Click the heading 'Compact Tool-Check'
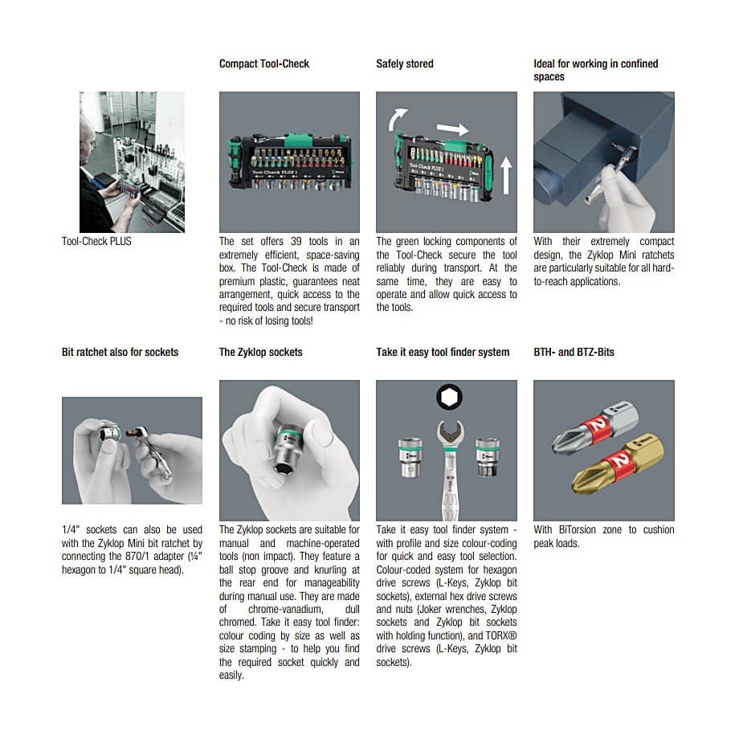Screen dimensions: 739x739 click(264, 63)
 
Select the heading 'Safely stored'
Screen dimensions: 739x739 click(404, 63)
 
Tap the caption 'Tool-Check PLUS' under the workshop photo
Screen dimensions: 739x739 click(96, 241)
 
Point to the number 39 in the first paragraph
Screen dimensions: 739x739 click(296, 241)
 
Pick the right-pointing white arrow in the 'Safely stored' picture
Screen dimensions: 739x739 click(452, 129)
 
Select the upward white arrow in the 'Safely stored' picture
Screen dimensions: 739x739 click(506, 175)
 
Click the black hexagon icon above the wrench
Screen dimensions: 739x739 click(449, 398)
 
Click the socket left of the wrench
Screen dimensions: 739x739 click(410, 457)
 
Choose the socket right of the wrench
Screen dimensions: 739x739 click(488, 457)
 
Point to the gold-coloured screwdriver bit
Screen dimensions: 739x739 click(618, 465)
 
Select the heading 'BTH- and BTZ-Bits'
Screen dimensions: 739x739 click(574, 352)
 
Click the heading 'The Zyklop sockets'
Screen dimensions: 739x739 click(260, 352)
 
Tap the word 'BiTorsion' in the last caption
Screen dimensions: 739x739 click(578, 529)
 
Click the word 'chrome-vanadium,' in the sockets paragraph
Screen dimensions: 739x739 click(286, 609)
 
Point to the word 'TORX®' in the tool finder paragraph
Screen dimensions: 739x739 click(501, 635)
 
